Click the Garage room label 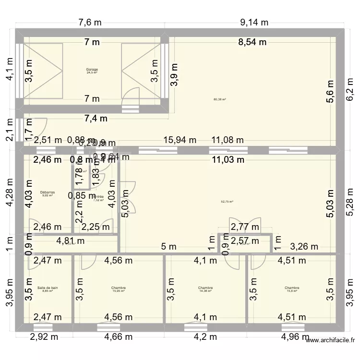[x=92, y=69]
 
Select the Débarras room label [x=48, y=192]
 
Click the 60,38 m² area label [x=219, y=100]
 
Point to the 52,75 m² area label [x=227, y=202]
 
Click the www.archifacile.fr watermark [x=329, y=341]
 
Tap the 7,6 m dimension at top [x=91, y=22]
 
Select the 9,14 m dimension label [x=254, y=22]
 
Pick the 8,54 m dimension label [x=252, y=42]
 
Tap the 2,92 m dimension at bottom [x=44, y=336]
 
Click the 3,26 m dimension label [x=304, y=247]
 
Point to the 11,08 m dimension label [x=228, y=140]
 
